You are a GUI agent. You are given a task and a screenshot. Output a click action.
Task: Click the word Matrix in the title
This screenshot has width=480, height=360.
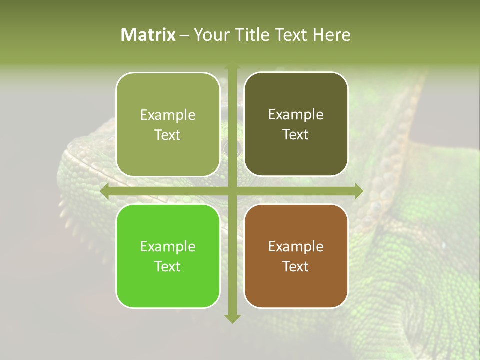(148, 35)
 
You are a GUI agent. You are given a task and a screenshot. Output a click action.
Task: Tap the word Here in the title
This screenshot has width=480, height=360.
(331, 35)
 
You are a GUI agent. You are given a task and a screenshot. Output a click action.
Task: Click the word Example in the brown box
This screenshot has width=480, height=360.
(296, 246)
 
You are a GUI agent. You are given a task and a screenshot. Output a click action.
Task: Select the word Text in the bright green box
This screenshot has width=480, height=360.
(168, 266)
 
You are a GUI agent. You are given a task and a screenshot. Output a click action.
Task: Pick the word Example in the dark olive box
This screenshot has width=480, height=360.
(296, 115)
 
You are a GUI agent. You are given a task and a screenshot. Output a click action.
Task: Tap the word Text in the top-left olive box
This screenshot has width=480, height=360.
(168, 135)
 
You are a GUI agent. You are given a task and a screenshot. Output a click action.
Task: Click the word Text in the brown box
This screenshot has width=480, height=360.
(296, 266)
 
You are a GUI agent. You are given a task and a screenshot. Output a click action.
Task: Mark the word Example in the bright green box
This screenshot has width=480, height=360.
(168, 246)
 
